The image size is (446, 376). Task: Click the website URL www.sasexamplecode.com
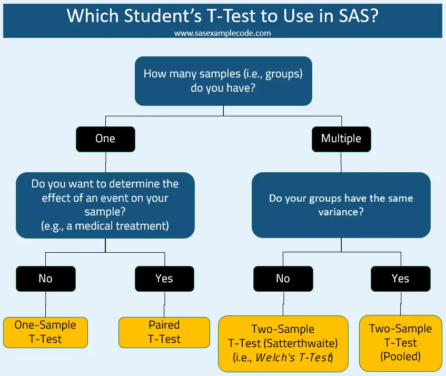click(x=222, y=33)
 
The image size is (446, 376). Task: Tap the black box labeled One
click(x=105, y=138)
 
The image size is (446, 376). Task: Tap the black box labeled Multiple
click(x=341, y=138)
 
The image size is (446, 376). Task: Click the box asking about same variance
click(x=341, y=205)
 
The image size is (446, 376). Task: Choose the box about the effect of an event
click(x=105, y=205)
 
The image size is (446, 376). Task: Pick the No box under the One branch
click(x=46, y=278)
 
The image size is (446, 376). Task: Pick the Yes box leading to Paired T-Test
click(x=164, y=278)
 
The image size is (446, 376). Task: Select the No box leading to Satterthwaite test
click(x=283, y=278)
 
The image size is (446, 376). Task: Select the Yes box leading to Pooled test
click(x=400, y=278)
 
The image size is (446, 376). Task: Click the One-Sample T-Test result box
click(x=45, y=332)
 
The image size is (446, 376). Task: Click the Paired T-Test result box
click(x=164, y=332)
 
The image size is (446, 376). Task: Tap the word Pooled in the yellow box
click(x=400, y=356)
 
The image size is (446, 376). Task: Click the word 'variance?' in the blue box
click(x=341, y=212)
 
